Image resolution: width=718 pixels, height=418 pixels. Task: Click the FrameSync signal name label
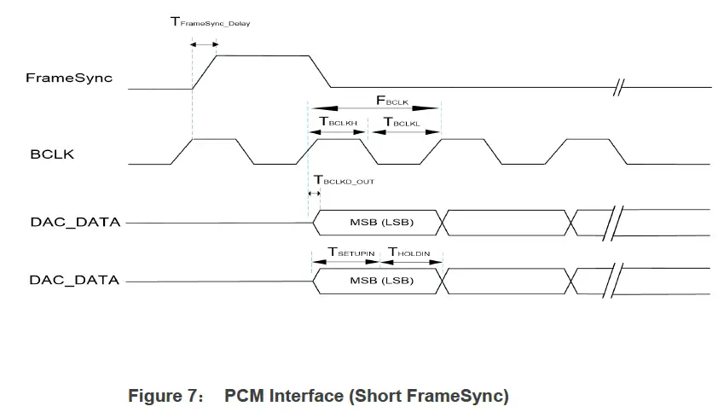(x=69, y=78)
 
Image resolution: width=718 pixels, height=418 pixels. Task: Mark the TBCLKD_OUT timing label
(x=344, y=181)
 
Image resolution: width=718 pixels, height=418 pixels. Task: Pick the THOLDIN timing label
(x=409, y=252)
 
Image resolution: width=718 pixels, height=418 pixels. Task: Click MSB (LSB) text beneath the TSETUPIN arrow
(x=382, y=281)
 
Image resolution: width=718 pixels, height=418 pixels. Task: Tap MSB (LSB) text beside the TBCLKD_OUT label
(x=382, y=223)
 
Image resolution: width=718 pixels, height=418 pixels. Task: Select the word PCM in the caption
(x=242, y=396)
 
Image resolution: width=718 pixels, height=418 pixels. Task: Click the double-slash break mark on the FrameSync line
(x=622, y=87)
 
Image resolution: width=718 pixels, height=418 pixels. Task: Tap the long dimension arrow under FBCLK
(x=373, y=107)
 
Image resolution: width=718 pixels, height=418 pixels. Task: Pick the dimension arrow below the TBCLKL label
(x=404, y=131)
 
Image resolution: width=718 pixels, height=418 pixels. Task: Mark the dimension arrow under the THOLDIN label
(x=410, y=261)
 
